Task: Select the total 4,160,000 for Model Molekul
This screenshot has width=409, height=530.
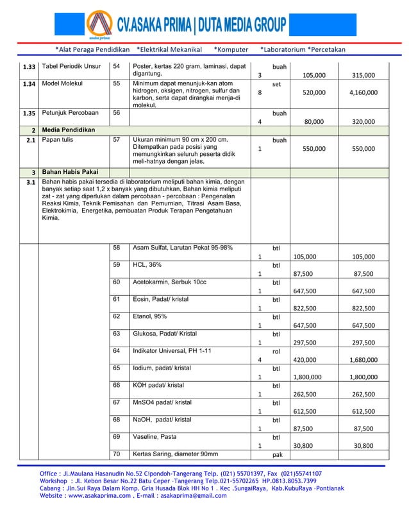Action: click(363, 92)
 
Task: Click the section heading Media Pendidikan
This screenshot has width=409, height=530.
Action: click(69, 130)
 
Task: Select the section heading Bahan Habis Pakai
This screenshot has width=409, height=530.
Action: click(71, 173)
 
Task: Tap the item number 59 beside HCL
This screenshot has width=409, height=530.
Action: click(117, 264)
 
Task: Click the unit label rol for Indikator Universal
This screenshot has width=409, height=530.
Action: click(276, 352)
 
